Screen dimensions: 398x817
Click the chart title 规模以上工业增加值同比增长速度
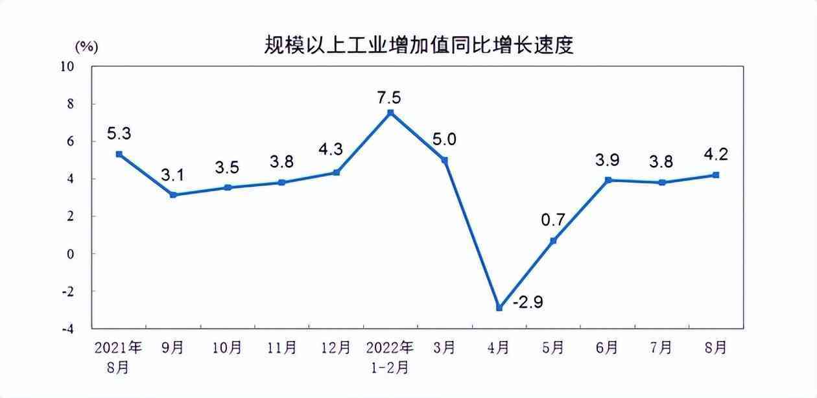coord(419,45)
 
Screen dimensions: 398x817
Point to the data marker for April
coord(499,308)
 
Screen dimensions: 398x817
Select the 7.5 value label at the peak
coord(389,98)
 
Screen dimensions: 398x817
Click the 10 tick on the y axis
coord(67,66)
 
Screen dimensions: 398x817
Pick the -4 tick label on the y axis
coord(67,329)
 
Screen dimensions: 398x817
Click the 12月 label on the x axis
coord(336,348)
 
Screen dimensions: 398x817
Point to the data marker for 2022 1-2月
coord(390,113)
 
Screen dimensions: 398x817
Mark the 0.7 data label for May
coord(552,220)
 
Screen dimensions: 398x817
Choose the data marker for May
coord(553,240)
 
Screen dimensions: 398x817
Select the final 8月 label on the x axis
coord(715,348)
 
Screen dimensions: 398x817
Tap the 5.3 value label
coord(119,134)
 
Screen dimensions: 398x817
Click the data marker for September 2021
coord(173,195)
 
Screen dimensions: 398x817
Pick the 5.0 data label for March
coord(444,140)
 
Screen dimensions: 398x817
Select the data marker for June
coord(608,180)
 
